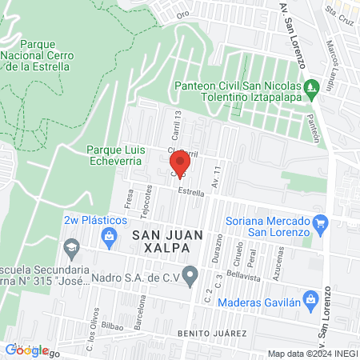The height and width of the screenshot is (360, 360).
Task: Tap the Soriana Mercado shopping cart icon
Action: [x=322, y=223]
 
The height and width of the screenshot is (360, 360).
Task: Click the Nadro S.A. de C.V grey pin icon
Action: [x=190, y=278]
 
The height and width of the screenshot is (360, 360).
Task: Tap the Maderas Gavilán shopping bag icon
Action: [x=312, y=301]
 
